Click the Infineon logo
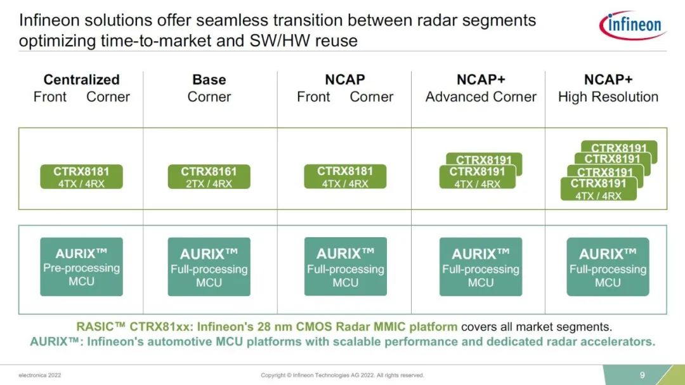click(x=632, y=25)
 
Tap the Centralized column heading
click(x=81, y=80)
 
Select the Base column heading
click(x=209, y=80)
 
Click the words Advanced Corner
click(x=481, y=97)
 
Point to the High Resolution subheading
click(x=608, y=97)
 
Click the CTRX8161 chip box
click(x=209, y=177)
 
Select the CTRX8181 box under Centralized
click(x=81, y=177)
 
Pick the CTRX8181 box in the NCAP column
click(x=345, y=177)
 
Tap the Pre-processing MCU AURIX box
click(x=81, y=267)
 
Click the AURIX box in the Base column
click(x=209, y=267)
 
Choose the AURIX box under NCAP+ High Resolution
click(x=608, y=267)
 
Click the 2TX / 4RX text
click(x=209, y=184)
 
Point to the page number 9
click(x=642, y=374)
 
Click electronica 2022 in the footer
click(x=39, y=375)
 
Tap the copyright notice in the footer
click(x=342, y=375)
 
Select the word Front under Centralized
click(x=50, y=97)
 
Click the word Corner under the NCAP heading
click(x=372, y=97)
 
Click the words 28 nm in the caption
click(x=303, y=327)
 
